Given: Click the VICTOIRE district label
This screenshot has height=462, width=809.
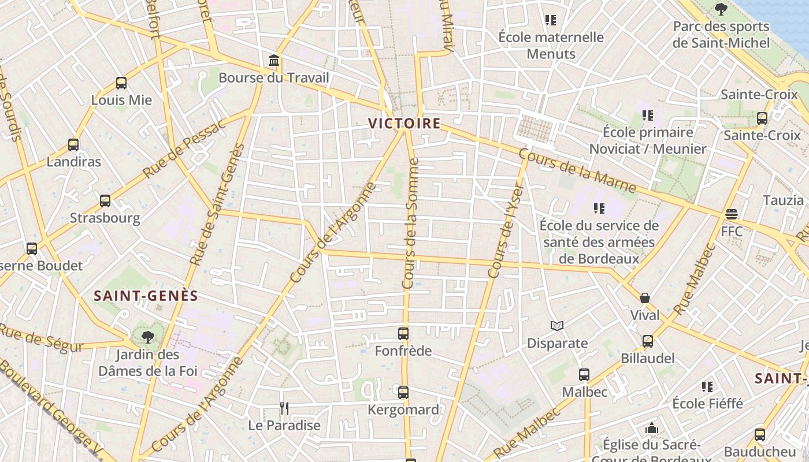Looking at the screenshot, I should tap(404, 124).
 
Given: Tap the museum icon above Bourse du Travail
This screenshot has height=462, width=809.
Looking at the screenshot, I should tap(274, 60).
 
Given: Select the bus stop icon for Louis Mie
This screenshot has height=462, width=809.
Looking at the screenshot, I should tap(121, 83).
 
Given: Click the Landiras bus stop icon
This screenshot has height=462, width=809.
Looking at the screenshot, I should tap(73, 145).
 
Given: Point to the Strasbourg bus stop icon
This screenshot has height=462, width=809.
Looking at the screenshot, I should tap(105, 201).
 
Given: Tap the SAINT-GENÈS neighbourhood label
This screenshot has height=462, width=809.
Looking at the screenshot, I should tap(146, 296).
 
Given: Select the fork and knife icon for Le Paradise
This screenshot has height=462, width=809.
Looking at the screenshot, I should tap(284, 409).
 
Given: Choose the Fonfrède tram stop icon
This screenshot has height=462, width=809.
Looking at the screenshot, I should tap(403, 334).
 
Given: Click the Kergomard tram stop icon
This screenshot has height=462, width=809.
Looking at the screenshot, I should tap(403, 393).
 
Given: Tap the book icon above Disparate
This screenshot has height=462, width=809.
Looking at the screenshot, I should tap(557, 326).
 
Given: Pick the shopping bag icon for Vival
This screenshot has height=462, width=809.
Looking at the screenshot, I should tap(645, 298).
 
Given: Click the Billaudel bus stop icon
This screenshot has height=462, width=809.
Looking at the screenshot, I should tap(648, 341).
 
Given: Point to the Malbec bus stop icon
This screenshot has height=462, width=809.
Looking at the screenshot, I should tap(584, 375).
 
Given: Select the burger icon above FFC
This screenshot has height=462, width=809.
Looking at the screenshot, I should tap(732, 214).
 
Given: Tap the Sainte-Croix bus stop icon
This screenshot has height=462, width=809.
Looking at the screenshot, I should tap(762, 118).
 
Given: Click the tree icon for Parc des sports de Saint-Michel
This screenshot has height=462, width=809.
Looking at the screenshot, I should tap(721, 9).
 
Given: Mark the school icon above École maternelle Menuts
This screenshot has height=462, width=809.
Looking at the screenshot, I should tap(551, 21).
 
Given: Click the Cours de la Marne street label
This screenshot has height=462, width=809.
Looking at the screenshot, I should tap(577, 172).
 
